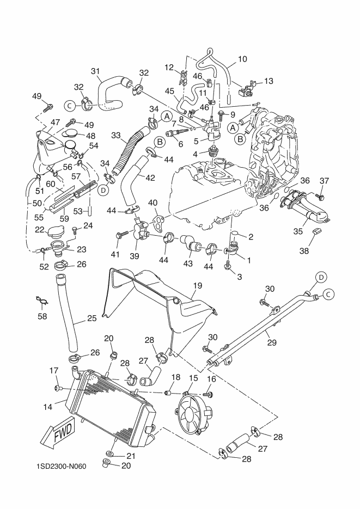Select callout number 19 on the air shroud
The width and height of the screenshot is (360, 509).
tap(197, 285)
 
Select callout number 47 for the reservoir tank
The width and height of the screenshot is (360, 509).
tap(56, 122)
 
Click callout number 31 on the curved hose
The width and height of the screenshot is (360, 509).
tap(96, 71)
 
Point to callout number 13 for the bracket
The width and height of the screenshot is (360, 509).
tap(269, 82)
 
